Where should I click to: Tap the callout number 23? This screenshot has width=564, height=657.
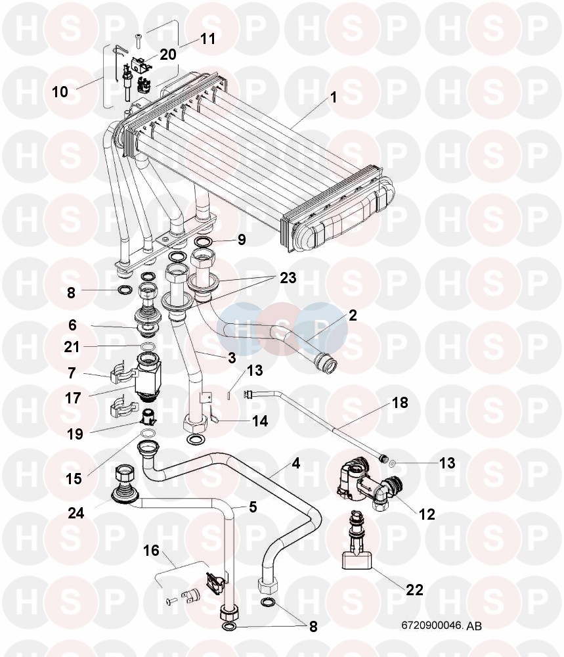click(287, 278)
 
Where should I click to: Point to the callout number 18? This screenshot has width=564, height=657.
click(400, 402)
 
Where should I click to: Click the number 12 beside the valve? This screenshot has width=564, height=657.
click(427, 514)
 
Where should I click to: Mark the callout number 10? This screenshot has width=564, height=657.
click(60, 92)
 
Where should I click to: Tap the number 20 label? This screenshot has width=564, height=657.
click(168, 54)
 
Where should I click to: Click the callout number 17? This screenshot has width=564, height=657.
click(73, 398)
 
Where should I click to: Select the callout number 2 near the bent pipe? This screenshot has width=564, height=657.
click(353, 315)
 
